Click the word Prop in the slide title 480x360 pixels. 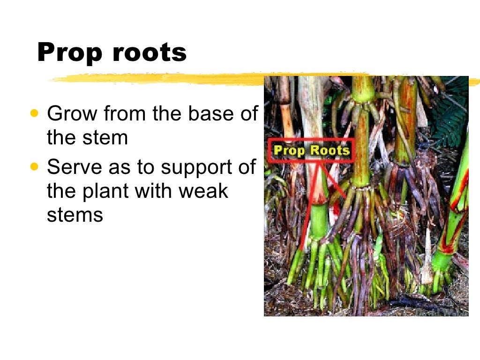pos(70,52)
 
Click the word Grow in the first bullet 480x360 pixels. pos(71,113)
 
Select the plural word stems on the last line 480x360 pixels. pos(75,215)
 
